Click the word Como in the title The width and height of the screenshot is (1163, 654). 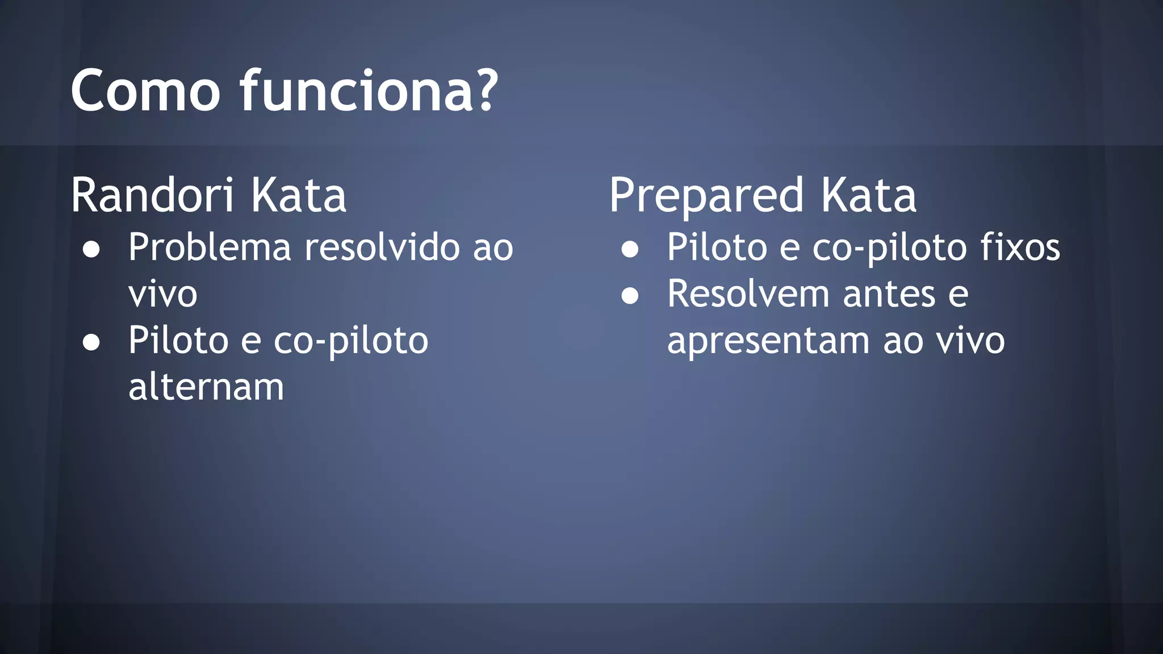click(x=145, y=91)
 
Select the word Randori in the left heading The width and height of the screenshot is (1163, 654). click(x=152, y=195)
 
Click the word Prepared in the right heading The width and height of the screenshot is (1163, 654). click(x=706, y=196)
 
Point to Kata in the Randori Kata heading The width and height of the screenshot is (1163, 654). click(x=298, y=195)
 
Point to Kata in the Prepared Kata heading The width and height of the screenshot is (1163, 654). click(x=868, y=195)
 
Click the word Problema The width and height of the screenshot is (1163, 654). click(x=210, y=248)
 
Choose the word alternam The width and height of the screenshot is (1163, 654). click(x=206, y=387)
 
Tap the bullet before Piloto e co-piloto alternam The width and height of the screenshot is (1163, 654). click(x=91, y=342)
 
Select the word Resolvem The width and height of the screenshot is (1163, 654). click(x=749, y=294)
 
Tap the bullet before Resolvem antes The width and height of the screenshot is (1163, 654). click(x=630, y=296)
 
